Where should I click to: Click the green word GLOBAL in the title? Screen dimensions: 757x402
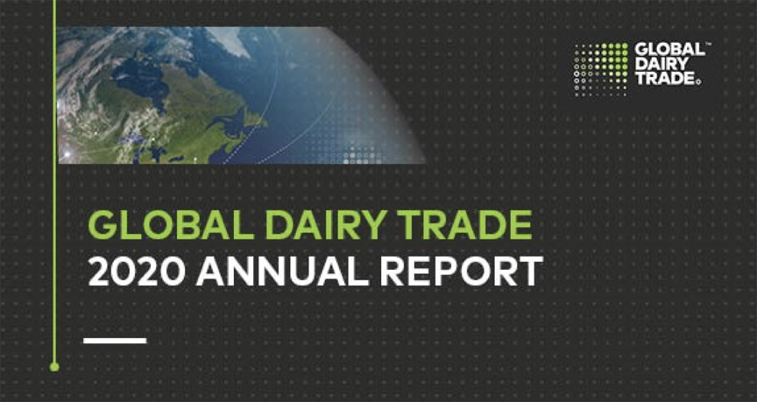(x=172, y=225)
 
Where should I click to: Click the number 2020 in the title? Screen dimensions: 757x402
(x=137, y=271)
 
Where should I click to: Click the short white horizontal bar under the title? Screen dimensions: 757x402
(x=115, y=341)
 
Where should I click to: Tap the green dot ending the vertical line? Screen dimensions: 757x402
(x=54, y=367)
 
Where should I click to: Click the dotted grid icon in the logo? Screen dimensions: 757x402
(x=602, y=69)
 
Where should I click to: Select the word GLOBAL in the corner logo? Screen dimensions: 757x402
(x=669, y=49)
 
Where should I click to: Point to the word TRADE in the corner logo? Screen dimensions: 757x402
(x=665, y=79)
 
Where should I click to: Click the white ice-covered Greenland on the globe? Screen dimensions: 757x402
(x=228, y=39)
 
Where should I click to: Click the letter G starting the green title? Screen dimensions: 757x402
(x=101, y=225)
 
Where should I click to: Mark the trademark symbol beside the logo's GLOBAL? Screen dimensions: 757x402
(x=708, y=45)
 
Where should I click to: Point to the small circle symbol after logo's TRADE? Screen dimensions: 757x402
(x=698, y=83)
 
